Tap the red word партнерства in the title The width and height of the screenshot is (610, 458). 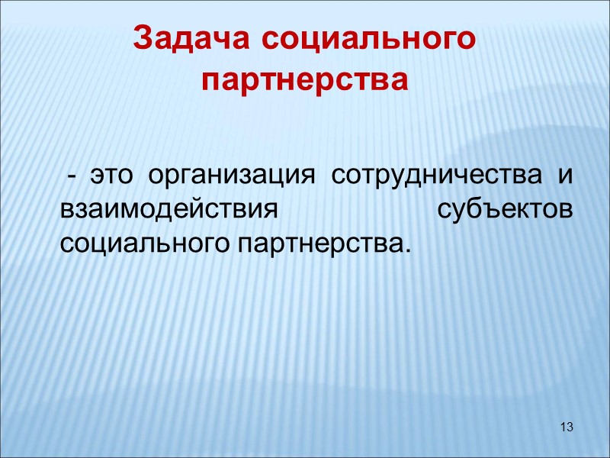[305, 79]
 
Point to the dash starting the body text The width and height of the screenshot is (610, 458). [71, 175]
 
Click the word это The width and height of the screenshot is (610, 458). [111, 175]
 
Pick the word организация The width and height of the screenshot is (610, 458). [232, 175]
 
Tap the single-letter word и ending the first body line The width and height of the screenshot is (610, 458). [565, 175]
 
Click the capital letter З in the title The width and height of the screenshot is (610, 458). [143, 37]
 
